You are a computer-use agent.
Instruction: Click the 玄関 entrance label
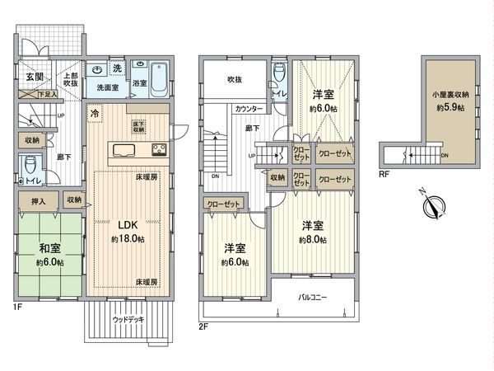click(x=34, y=76)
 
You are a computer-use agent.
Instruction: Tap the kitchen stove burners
click(x=157, y=149)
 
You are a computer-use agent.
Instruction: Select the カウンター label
click(x=249, y=109)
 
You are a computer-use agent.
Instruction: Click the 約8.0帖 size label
click(x=312, y=239)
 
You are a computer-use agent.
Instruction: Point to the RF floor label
click(x=385, y=174)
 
